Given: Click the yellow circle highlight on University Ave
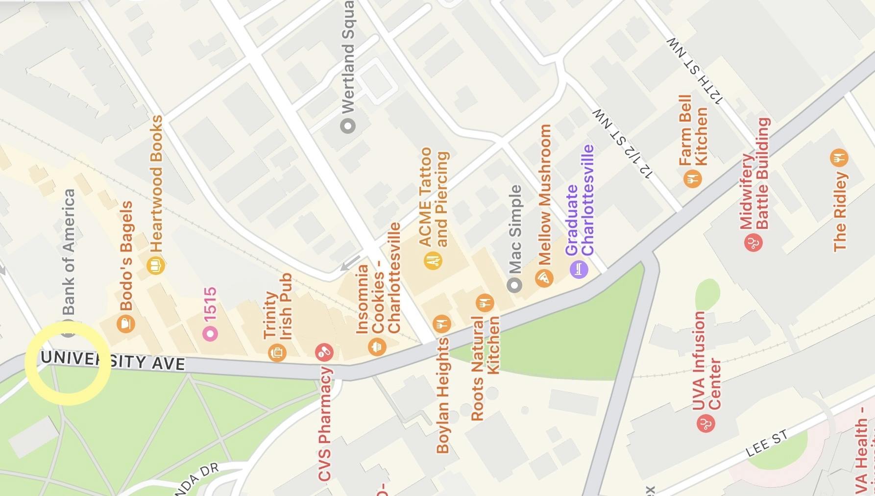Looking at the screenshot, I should coord(68,363).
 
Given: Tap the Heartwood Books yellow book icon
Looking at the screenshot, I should coord(155,266).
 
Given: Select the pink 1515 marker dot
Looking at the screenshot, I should coord(211,334).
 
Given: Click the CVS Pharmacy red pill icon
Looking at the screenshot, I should coord(324,351).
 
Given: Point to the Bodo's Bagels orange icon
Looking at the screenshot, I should coord(126,323).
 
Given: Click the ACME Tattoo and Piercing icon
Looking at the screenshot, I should coord(433,261).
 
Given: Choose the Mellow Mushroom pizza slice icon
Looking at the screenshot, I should coord(544,278).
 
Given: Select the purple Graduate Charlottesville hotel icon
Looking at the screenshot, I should coord(579,269).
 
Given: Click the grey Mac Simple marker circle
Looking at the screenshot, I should coord(514,285).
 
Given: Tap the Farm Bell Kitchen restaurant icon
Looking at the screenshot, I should coord(692,178).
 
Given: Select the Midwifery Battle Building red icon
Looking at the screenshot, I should coord(753,242).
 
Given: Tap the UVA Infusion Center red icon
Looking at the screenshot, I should coord(705,423).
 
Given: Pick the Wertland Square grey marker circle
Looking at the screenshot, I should coord(348,126).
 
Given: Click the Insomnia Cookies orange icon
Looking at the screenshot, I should coord(377,347).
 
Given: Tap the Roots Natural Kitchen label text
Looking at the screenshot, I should coord(485,368).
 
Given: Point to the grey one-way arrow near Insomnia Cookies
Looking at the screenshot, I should coord(350,264).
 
